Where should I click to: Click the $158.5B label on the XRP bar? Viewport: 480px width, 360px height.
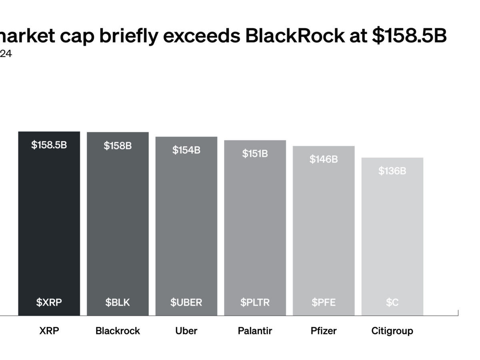[x=49, y=145]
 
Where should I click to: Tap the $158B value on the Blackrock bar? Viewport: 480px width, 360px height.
[x=118, y=146]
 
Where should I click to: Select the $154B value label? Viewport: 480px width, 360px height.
[x=186, y=150]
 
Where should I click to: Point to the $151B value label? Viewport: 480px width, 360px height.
[x=255, y=154]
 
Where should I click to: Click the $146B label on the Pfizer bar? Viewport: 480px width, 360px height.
[x=324, y=159]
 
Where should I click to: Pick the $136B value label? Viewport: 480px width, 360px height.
[x=392, y=171]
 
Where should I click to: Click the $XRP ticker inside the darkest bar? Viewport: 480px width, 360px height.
[x=49, y=302]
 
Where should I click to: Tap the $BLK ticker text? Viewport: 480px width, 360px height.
[x=118, y=302]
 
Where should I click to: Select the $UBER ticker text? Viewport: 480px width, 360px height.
[x=186, y=302]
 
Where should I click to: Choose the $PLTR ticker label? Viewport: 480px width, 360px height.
[x=255, y=302]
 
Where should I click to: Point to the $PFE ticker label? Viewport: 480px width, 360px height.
[x=324, y=302]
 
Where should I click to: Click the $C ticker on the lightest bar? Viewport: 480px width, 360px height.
[x=392, y=302]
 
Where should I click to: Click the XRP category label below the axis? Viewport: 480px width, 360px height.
[x=49, y=331]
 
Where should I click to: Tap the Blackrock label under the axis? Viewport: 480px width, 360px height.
[x=118, y=331]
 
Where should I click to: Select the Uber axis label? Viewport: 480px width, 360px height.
[x=186, y=331]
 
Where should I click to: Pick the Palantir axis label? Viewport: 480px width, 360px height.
[x=255, y=331]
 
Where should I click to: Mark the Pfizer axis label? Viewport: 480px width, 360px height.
[x=324, y=331]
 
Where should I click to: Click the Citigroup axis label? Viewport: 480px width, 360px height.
[x=392, y=331]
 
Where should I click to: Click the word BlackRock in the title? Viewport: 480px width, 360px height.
[x=295, y=36]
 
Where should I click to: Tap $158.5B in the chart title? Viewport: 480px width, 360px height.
[x=409, y=36]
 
